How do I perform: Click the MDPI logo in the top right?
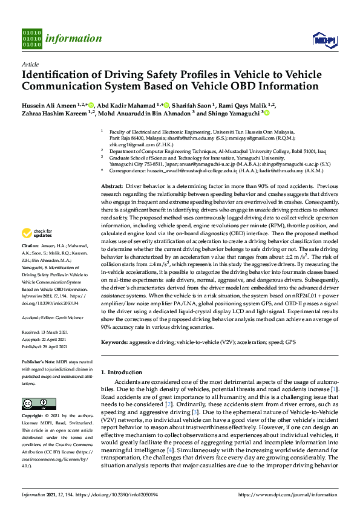pos(324,39)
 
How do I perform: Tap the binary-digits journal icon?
pos(31,37)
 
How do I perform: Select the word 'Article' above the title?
pos(30,63)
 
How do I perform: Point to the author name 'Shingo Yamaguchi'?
pos(231,113)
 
